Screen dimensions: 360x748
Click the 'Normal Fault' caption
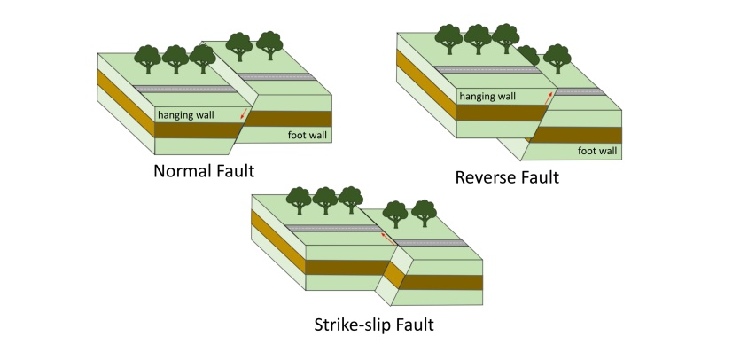pos(204,170)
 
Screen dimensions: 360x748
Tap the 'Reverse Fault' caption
pos(507,177)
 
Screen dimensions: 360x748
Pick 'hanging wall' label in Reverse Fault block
pos(486,96)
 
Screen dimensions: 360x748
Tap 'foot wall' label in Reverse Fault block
pos(597,151)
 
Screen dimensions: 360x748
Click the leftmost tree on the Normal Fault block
pos(147,59)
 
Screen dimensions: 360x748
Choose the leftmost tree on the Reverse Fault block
pos(449,38)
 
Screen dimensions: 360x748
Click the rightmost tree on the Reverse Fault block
pos(557,59)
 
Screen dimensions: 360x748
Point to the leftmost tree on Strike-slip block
pos(300,200)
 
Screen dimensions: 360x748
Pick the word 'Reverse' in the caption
pos(485,177)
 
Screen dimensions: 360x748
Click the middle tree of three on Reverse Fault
pos(478,38)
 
